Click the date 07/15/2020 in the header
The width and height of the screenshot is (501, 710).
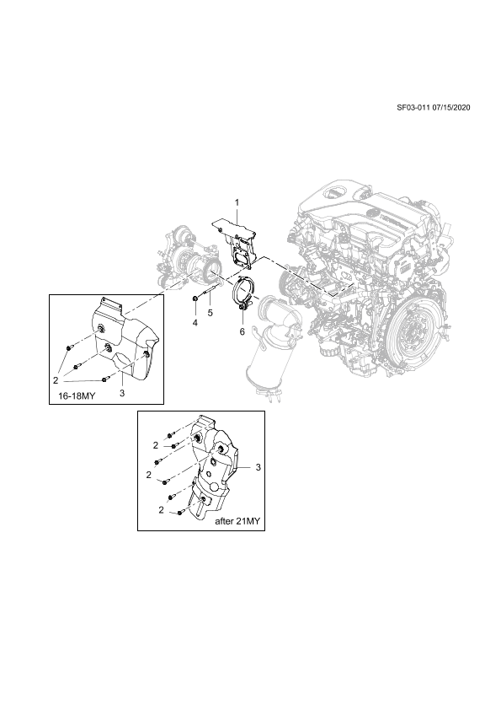451,108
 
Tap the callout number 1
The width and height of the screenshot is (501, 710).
236,202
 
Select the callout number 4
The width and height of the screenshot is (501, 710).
195,323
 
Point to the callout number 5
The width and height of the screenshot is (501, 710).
211,313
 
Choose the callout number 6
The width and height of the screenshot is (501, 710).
242,332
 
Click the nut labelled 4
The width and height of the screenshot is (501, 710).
195,298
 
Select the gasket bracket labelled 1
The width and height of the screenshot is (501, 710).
236,240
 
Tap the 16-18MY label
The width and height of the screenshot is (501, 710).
77,395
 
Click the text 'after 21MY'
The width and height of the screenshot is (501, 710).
237,521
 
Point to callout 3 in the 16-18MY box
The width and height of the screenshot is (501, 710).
122,393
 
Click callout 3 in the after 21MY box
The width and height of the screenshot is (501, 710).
258,467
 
